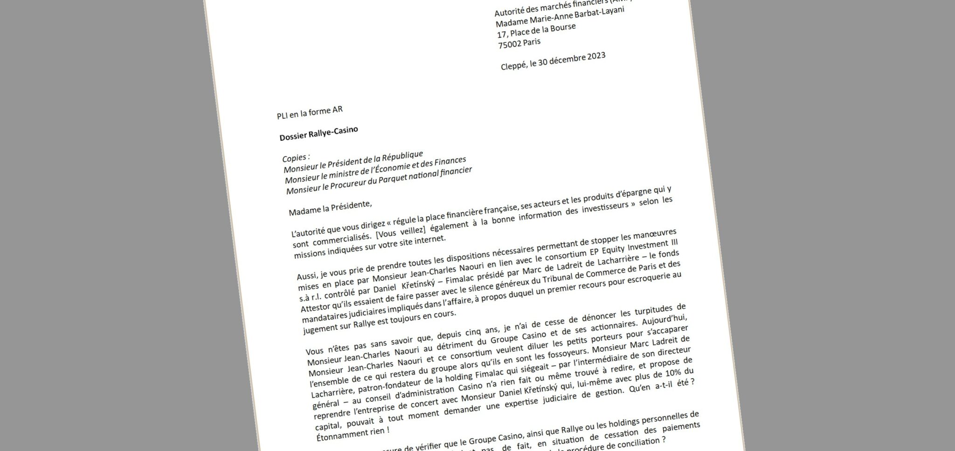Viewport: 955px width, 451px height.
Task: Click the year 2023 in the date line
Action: (593, 57)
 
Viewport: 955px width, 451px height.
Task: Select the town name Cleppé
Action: (514, 66)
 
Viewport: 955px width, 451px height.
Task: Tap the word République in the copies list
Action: (399, 156)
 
